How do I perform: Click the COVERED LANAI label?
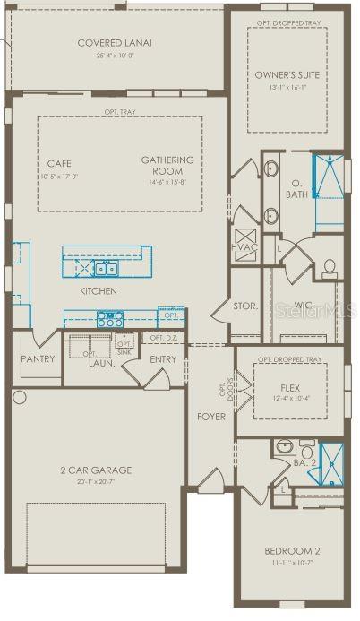point(115,42)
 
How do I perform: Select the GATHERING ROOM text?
point(162,166)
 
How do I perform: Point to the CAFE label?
point(59,163)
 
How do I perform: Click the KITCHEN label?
point(98,291)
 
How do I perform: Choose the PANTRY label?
point(38,358)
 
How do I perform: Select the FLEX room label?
point(288,389)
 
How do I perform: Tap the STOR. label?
point(245,306)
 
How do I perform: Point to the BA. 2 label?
point(305,462)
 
